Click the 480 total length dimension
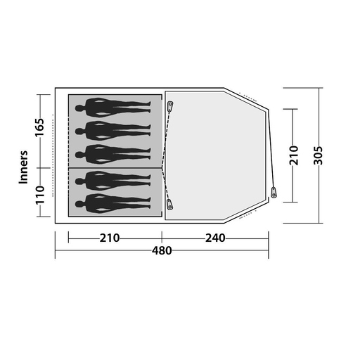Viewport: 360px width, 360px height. pos(162,250)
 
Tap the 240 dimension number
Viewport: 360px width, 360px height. pos(215,238)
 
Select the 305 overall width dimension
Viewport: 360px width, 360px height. pos(319,155)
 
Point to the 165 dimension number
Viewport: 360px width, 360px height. pos(39,127)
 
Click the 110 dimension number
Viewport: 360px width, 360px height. pos(39,195)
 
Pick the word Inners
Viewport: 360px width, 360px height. pos(23,167)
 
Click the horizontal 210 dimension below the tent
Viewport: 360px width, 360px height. pos(110,238)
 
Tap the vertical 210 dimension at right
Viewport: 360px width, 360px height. pos(294,155)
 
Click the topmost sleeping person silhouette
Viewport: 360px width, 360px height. pos(112,108)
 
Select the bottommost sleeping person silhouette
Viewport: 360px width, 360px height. pos(112,204)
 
